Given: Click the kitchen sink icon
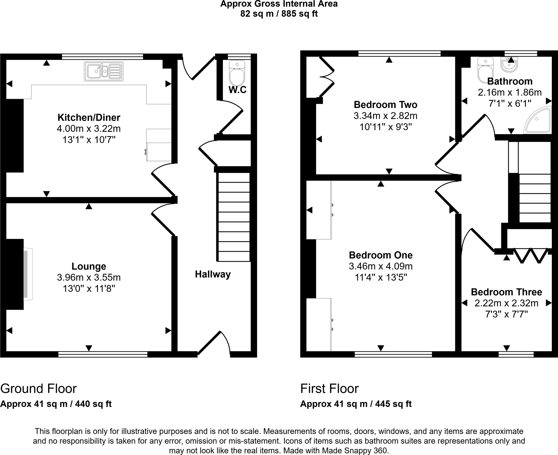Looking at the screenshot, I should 104,71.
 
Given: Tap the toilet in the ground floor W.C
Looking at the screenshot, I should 237,74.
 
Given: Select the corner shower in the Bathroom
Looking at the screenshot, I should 538,120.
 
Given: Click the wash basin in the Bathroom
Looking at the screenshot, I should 509,65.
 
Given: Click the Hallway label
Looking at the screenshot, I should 213,274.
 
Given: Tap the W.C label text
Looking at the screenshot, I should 237,90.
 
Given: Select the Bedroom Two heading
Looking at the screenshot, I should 385,105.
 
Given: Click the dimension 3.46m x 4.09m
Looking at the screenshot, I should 381,266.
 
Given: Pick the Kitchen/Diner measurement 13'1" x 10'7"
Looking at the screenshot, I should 89,140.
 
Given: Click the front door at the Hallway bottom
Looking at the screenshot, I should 214,343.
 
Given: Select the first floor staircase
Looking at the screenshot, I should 535,198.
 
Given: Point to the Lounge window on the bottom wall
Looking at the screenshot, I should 103,354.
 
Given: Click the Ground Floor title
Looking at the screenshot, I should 38,388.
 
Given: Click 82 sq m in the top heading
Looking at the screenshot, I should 257,14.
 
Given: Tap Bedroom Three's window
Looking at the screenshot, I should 516,354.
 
